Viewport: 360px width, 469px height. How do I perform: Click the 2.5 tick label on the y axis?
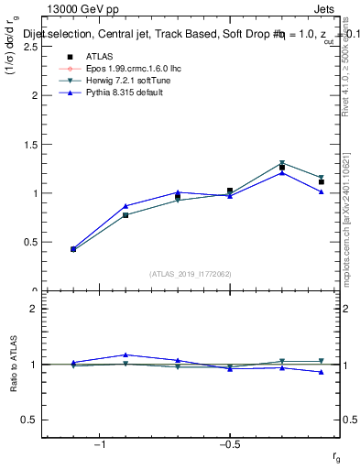tap(28, 46)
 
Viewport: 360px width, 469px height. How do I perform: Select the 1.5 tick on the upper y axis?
tap(28, 144)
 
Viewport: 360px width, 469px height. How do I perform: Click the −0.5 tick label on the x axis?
tap(228, 444)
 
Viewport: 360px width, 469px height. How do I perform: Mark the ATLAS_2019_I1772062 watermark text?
tap(191, 273)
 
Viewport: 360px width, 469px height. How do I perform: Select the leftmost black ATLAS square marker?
tap(73, 249)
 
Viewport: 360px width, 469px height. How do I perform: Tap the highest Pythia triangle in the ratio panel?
tap(125, 354)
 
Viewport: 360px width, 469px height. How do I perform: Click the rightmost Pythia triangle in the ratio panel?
tap(322, 372)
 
